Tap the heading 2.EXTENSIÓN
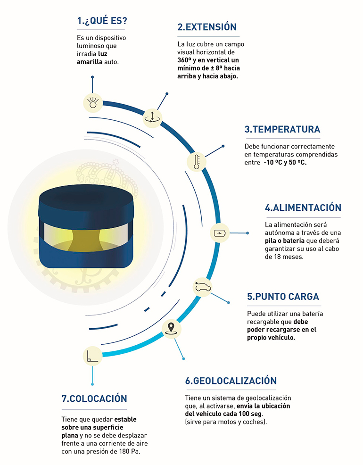point(207,27)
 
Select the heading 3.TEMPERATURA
point(282,129)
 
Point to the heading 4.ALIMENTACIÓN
point(303,208)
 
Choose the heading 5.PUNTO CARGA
point(283,297)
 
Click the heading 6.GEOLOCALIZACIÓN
point(231,381)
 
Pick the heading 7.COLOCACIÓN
point(94,399)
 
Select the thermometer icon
point(196,162)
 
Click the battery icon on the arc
point(220,233)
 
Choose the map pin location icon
point(171,328)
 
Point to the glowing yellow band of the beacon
point(85,234)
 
